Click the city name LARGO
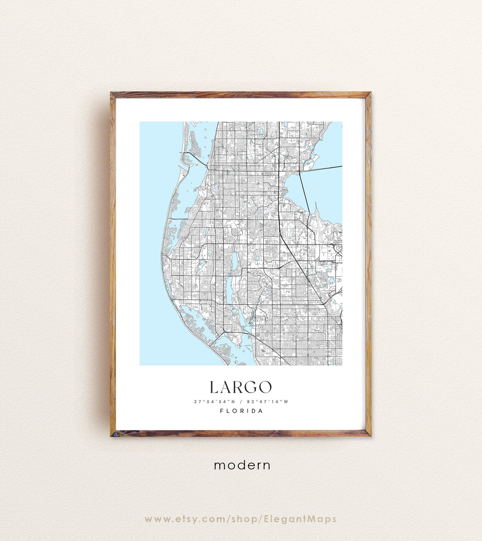click(241, 387)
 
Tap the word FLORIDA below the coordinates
click(241, 411)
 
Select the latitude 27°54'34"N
click(215, 402)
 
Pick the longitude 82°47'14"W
click(267, 402)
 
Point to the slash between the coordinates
click(241, 402)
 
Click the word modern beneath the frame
click(242, 465)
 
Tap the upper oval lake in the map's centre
click(235, 261)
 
